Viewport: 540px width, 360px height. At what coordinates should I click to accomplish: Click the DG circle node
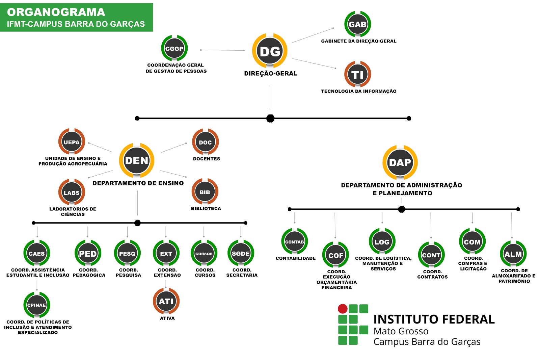tap(270, 51)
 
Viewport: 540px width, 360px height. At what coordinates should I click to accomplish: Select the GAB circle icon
tap(357, 24)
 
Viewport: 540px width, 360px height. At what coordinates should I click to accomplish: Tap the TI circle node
tap(357, 74)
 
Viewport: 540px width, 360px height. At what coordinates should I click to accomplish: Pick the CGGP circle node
tap(174, 49)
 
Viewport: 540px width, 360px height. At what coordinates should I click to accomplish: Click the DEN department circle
tap(137, 160)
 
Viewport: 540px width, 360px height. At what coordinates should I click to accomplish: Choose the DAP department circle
tap(400, 162)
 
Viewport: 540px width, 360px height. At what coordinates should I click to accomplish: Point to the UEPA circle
tap(72, 142)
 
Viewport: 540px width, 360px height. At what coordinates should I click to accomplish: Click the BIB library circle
tap(205, 192)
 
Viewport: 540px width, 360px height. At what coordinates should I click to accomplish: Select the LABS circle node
tap(72, 192)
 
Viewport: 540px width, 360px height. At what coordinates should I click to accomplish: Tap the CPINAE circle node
tap(36, 305)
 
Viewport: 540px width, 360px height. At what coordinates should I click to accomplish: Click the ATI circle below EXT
tap(166, 301)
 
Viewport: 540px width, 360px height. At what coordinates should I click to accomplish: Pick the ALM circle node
tap(513, 254)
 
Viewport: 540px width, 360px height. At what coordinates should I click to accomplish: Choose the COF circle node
tap(335, 255)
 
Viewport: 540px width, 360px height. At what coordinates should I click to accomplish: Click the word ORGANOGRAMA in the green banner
tap(56, 12)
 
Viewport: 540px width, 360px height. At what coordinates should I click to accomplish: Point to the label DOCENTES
tap(207, 159)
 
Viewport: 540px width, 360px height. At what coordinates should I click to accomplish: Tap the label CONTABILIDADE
tap(296, 258)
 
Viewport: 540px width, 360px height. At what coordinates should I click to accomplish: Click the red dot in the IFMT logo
tap(343, 309)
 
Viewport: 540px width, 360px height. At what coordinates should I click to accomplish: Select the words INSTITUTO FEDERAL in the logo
tap(434, 319)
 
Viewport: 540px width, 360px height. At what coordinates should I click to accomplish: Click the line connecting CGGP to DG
tap(223, 50)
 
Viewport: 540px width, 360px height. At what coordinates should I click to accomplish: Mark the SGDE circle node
tap(241, 254)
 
